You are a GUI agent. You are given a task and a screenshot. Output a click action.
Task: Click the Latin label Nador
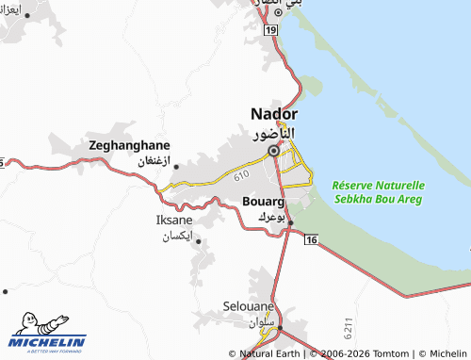(274, 114)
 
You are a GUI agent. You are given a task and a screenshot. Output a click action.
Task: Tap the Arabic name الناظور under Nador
(275, 133)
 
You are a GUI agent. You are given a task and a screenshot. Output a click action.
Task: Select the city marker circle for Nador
(274, 150)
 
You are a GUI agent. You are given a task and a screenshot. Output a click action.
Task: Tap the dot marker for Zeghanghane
(176, 167)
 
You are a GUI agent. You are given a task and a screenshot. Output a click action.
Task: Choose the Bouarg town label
(263, 201)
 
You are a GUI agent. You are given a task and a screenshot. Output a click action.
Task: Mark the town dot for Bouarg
(291, 222)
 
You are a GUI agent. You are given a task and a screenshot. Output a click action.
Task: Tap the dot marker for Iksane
(198, 241)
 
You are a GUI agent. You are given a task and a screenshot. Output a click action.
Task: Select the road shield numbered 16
(311, 241)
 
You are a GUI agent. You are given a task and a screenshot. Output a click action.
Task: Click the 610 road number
(242, 174)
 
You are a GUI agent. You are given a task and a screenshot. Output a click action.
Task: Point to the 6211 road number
(349, 330)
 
